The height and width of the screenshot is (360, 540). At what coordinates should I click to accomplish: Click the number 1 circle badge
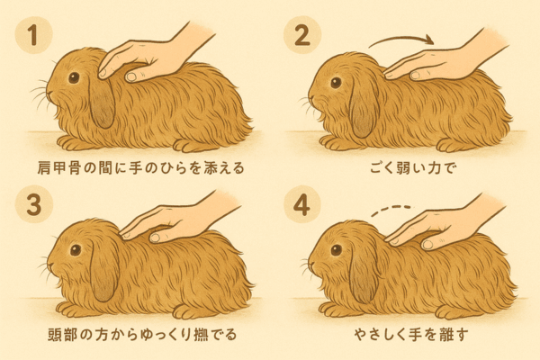[33, 35]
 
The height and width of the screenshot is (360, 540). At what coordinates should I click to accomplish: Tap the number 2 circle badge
[302, 35]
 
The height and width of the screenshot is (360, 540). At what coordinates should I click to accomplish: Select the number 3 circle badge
[34, 204]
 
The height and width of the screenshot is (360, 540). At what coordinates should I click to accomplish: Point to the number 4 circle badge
[302, 204]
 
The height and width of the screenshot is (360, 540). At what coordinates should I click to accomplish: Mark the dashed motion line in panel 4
[391, 210]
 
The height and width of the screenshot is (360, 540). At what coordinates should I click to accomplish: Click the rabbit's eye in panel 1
[74, 77]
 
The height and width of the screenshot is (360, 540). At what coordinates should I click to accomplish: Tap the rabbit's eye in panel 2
[336, 82]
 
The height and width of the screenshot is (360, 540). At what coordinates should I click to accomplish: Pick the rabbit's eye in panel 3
[76, 250]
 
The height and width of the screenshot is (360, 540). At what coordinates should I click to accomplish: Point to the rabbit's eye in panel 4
[336, 250]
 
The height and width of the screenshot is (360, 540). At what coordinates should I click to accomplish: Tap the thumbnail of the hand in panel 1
[130, 76]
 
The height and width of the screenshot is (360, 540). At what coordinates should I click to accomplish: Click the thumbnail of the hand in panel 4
[427, 245]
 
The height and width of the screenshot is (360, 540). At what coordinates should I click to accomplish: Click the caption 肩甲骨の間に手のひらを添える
[140, 168]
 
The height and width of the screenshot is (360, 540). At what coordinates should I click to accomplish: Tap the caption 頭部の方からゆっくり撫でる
[142, 334]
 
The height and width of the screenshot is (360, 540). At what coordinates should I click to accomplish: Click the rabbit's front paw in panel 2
[331, 142]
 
